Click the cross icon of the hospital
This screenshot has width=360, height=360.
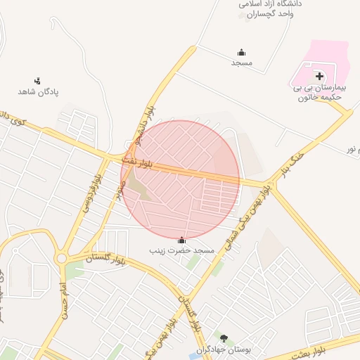tap(319, 76)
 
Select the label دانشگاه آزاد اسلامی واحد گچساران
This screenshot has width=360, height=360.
tap(271, 8)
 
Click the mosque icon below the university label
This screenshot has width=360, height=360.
tap(242, 52)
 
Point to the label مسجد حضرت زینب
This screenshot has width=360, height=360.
tap(181, 250)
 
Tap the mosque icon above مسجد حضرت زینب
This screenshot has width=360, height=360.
tap(182, 240)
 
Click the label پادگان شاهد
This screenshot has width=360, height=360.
tap(38, 91)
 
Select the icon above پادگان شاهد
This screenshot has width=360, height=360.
tap(37, 81)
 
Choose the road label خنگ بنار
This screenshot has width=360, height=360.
tap(293, 160)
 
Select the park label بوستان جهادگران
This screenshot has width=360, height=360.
tap(224, 349)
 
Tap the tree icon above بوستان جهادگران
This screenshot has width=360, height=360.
tap(224, 338)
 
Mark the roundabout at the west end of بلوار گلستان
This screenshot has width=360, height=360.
tap(62, 259)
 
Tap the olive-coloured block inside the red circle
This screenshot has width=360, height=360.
tap(140, 188)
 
